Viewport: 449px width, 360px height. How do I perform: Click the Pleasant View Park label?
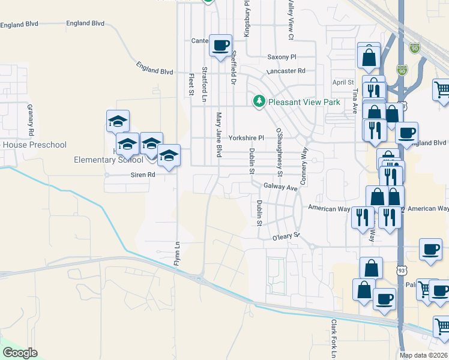pyautogui.click(x=304, y=102)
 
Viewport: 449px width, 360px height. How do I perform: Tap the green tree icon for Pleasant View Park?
pyautogui.click(x=259, y=101)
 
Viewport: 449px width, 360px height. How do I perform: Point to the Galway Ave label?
pyautogui.click(x=280, y=188)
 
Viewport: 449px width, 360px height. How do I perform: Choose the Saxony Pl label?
pyautogui.click(x=282, y=57)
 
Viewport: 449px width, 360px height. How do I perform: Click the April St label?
pyautogui.click(x=343, y=82)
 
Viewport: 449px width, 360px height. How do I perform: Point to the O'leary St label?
pyautogui.click(x=285, y=236)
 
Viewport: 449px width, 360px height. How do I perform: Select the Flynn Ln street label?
pyautogui.click(x=177, y=254)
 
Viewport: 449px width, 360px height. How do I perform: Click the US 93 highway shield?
pyautogui.click(x=401, y=271)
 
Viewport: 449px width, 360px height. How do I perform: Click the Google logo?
pyautogui.click(x=20, y=353)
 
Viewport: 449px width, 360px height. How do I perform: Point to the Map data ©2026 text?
pyautogui.click(x=423, y=355)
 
